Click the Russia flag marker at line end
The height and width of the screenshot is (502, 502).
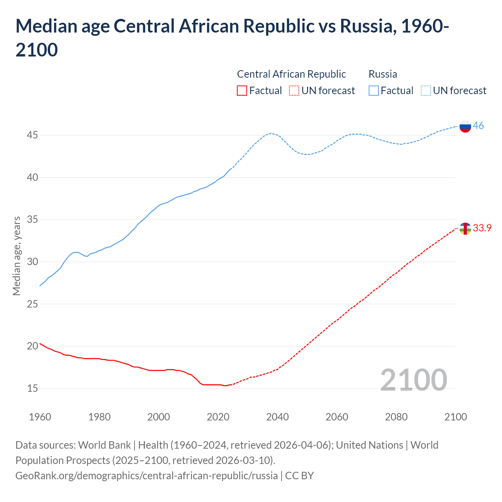click(x=465, y=126)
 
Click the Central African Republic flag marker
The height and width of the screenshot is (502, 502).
click(x=465, y=228)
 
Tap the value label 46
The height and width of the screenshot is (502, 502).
click(x=478, y=126)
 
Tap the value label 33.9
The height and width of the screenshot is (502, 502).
click(x=482, y=228)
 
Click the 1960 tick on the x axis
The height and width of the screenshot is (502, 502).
click(x=40, y=417)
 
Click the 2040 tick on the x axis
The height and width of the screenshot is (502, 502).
click(x=277, y=417)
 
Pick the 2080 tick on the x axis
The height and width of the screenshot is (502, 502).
click(x=396, y=417)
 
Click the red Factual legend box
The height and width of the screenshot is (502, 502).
click(x=242, y=91)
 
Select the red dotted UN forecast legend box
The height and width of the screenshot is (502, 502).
click(x=294, y=91)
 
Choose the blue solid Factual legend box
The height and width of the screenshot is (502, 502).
click(x=373, y=91)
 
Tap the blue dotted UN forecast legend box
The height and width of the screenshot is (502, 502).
click(x=426, y=91)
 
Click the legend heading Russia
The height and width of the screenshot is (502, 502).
click(x=383, y=74)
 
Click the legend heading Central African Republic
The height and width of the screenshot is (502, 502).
click(x=291, y=74)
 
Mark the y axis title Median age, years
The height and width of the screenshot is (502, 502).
click(x=16, y=256)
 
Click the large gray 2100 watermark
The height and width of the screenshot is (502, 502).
click(x=413, y=380)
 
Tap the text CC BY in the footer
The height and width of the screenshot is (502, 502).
click(x=299, y=476)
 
